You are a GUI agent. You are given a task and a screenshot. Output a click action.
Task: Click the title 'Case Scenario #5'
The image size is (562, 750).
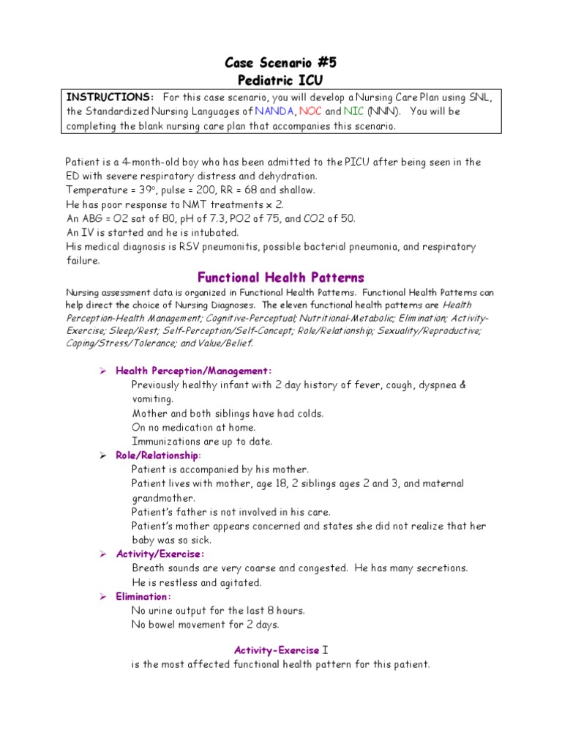[x=281, y=63]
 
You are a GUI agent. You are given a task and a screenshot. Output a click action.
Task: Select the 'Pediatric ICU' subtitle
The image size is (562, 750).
[x=281, y=80]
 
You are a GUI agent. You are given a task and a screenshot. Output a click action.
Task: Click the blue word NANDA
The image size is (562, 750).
[x=274, y=111]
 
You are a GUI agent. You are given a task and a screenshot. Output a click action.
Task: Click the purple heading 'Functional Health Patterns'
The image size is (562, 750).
[x=281, y=278]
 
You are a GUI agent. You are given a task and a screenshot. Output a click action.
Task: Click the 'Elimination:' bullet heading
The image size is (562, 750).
[x=143, y=596]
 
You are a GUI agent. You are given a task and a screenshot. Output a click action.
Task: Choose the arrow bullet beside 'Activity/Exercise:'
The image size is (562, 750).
[x=104, y=554]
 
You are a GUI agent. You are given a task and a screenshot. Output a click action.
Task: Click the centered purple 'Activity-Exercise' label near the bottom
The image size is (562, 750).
[x=277, y=650]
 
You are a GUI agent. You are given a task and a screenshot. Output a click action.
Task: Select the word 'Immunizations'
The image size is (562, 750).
[x=165, y=441]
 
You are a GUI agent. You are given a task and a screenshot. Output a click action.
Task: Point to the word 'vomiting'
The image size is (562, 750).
[x=152, y=399]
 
